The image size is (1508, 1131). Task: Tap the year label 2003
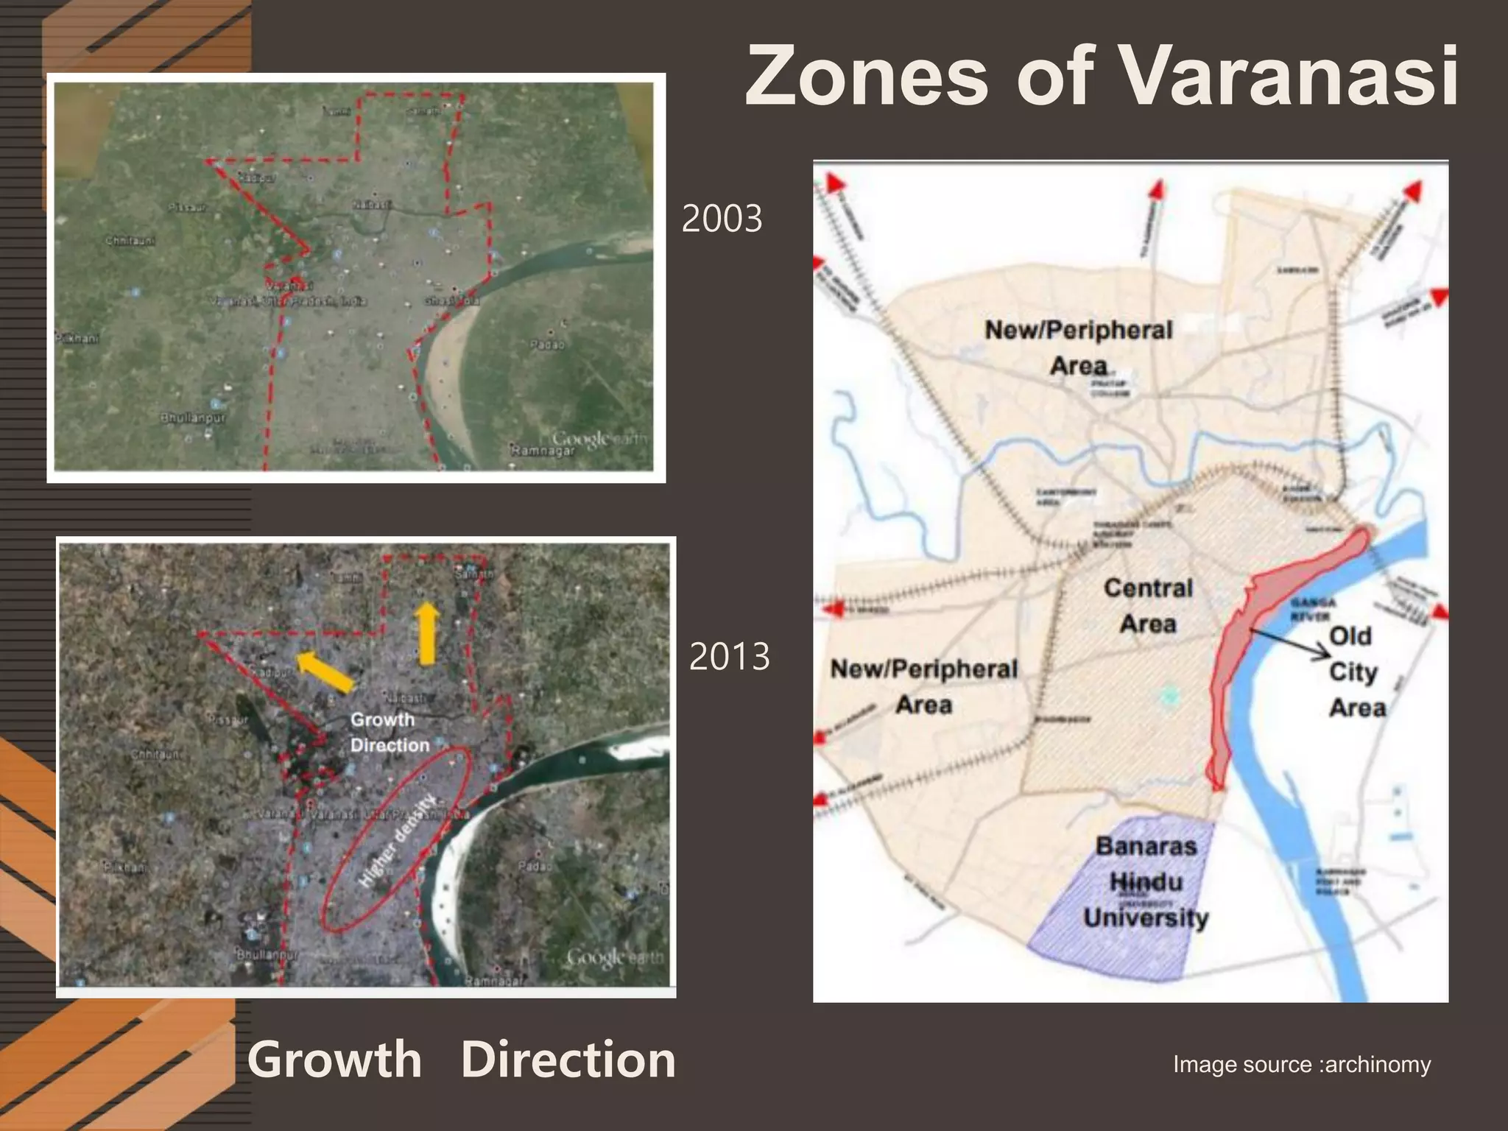722,219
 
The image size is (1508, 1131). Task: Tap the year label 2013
729,657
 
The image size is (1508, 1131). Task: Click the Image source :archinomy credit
1301,1064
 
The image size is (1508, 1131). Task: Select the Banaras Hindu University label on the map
1146,882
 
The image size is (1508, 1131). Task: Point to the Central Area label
1148,606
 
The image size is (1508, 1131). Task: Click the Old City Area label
1356,672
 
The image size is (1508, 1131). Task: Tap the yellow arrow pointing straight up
426,633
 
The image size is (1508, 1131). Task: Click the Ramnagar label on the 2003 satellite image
542,450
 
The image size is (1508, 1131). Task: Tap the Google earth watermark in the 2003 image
598,440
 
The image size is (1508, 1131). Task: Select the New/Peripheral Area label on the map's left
923,686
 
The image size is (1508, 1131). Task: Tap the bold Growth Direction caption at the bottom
461,1060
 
